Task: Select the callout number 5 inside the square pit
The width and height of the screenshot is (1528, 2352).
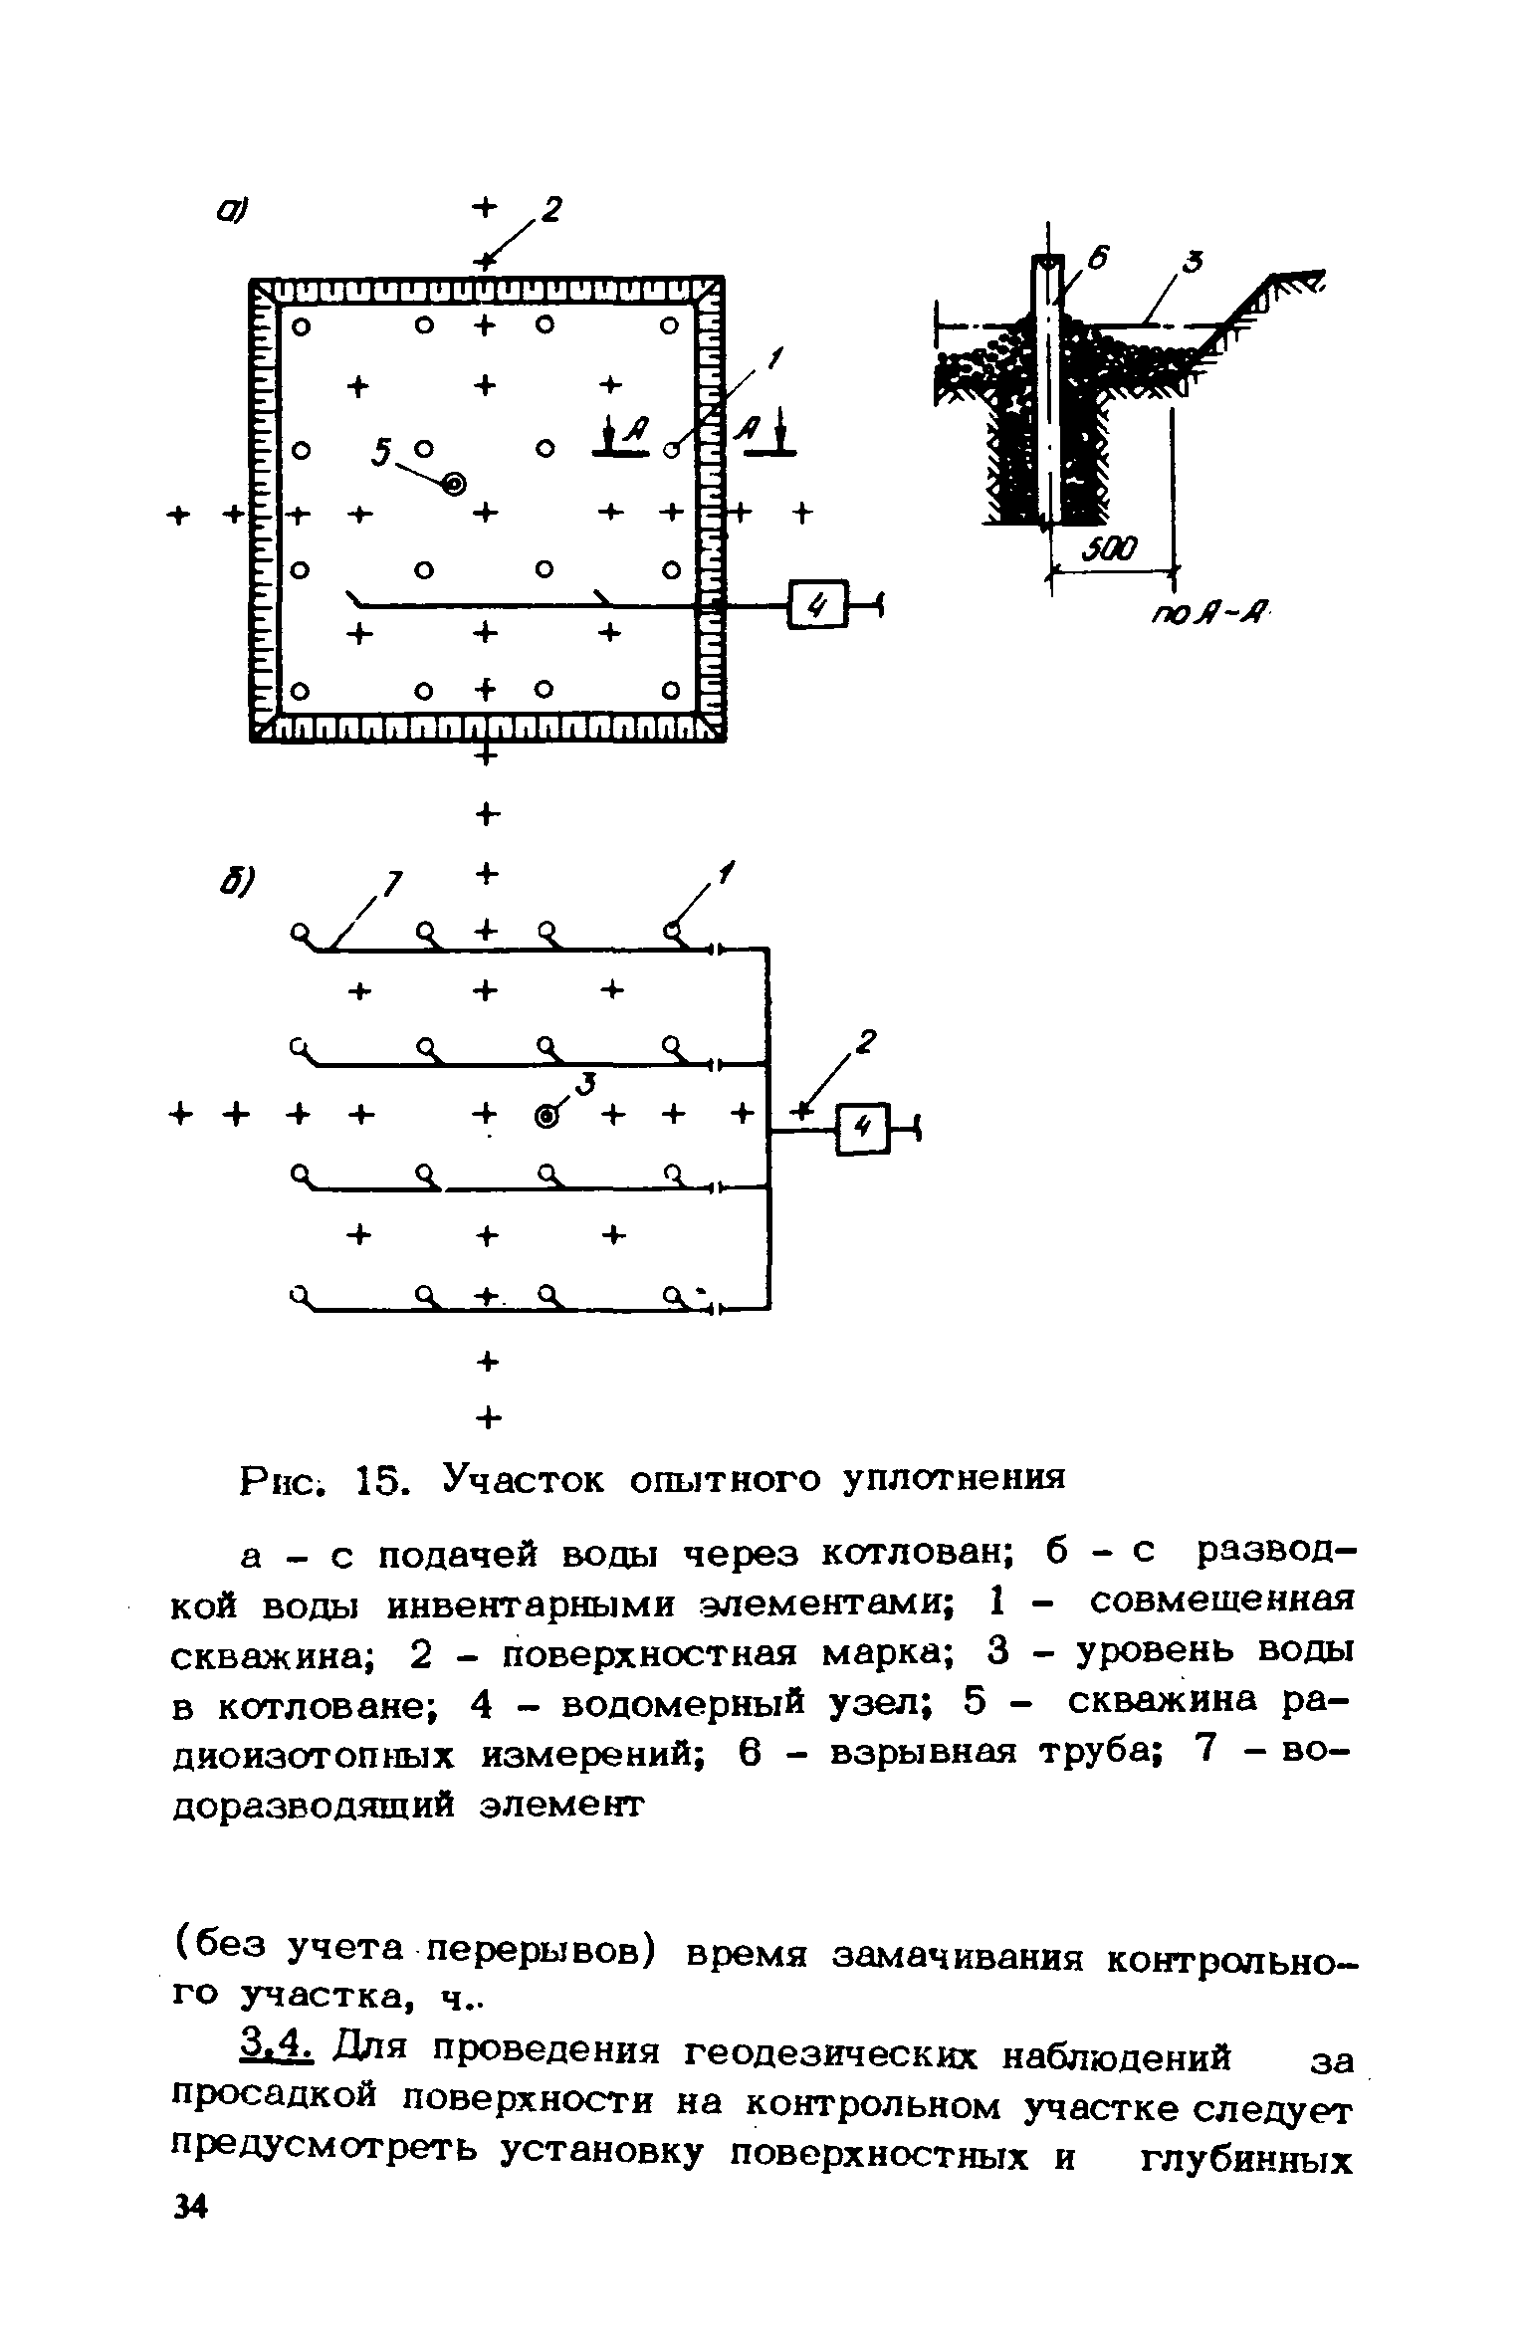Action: click(x=380, y=452)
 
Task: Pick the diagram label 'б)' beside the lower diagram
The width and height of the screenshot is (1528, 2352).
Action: click(x=238, y=880)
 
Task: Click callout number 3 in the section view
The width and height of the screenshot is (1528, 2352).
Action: click(x=1194, y=263)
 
